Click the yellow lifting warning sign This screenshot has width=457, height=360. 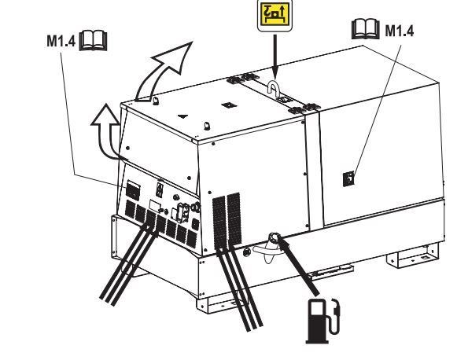click(275, 15)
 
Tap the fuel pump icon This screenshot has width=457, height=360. click(322, 321)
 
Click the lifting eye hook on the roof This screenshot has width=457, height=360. click(274, 88)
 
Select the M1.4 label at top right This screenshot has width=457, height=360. click(400, 31)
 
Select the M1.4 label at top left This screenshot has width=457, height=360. click(61, 41)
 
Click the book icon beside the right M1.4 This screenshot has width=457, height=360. click(366, 29)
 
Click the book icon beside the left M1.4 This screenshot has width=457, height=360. click(94, 40)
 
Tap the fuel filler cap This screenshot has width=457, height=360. click(274, 237)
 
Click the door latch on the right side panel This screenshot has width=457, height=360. click(348, 179)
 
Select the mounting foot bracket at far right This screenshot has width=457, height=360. click(412, 256)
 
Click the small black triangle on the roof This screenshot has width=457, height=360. click(182, 116)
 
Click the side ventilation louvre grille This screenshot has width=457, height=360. click(227, 221)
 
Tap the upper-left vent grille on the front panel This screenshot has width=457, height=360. click(133, 190)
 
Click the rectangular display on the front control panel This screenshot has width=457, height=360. click(156, 206)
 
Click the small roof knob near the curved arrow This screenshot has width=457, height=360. click(156, 101)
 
